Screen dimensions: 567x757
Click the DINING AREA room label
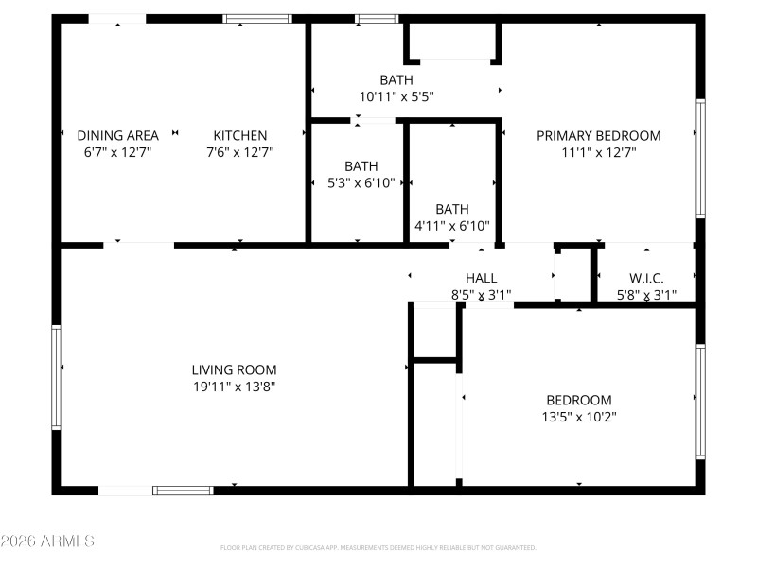pos(117,135)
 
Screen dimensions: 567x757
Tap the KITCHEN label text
pos(239,135)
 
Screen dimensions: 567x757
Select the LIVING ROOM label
pos(234,369)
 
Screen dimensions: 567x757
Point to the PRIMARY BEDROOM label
pos(598,135)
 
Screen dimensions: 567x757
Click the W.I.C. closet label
pos(646,278)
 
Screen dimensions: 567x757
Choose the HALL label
pos(481,278)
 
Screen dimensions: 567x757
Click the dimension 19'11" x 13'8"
pos(234,386)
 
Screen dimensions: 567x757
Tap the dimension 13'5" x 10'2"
pos(578,416)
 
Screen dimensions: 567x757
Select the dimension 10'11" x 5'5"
pos(396,96)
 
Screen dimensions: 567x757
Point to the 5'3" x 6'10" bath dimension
pos(361,182)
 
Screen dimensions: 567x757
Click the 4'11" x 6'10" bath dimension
pos(452,225)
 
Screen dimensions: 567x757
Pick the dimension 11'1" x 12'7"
pos(598,151)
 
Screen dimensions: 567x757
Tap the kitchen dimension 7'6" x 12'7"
pos(239,151)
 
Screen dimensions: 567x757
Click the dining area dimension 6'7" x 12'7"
pos(117,151)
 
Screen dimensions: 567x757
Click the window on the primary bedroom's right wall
pos(700,159)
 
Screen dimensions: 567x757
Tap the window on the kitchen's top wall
pos(257,18)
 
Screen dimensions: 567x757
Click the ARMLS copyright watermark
pos(47,541)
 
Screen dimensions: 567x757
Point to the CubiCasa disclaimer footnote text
pos(378,547)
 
